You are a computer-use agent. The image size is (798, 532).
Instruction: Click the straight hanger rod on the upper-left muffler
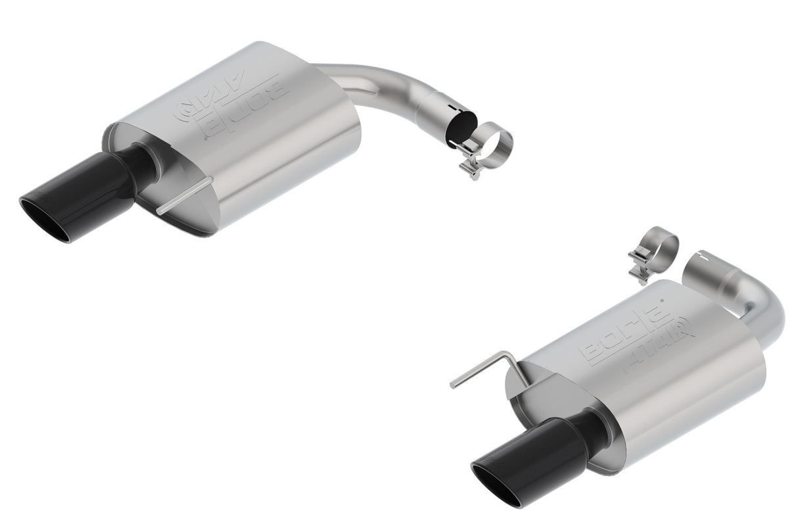pos(184,195)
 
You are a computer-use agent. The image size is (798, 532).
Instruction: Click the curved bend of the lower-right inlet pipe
pos(769,309)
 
